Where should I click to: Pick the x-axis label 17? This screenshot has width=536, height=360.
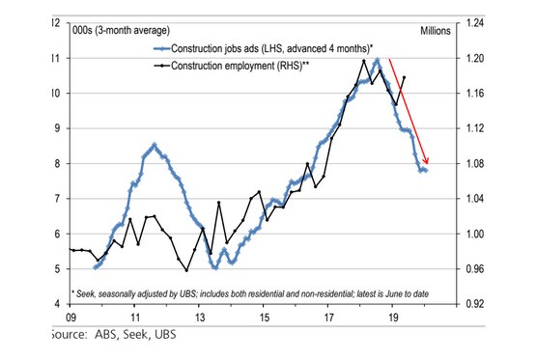click(328, 317)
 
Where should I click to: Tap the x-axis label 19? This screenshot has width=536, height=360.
click(392, 317)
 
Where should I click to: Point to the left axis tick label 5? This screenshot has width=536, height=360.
click(60, 269)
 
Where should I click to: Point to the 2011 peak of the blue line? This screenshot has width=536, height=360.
click(155, 145)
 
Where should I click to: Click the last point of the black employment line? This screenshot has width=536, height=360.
click(403, 77)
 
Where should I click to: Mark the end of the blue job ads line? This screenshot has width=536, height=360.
click(426, 171)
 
